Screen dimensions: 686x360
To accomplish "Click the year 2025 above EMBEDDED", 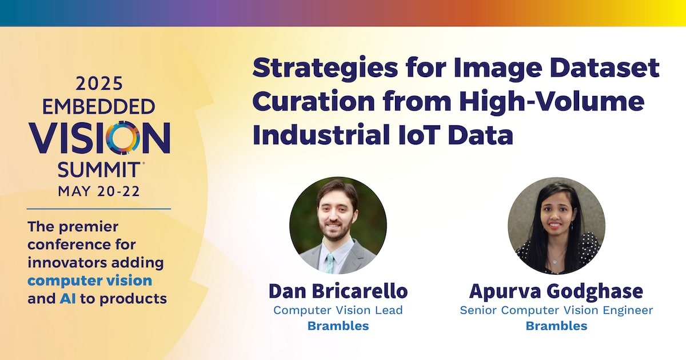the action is point(99,84).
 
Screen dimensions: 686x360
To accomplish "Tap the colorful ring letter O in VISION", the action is point(122,138).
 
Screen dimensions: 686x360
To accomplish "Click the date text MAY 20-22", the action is point(99,191).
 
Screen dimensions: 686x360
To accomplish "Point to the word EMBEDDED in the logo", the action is point(98,107).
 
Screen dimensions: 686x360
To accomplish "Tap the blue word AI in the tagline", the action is point(67,298).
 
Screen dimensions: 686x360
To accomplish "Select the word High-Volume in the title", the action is point(552,101).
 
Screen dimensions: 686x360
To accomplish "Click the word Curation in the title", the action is point(314,101).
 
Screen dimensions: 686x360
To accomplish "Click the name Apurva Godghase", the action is point(556,291).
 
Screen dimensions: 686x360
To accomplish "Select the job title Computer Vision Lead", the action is point(338,310).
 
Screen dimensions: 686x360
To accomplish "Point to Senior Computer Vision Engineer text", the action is point(556,311).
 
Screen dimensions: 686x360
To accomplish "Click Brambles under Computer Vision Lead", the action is point(338,326).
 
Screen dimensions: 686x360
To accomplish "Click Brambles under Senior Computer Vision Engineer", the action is point(556,326).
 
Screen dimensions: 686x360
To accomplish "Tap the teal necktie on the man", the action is point(330,263).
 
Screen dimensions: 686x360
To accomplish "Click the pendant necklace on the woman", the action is point(555,262).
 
